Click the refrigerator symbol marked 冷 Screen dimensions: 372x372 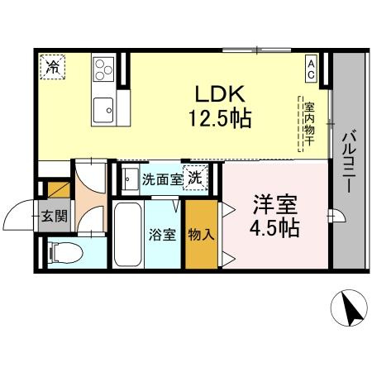click(x=52, y=65)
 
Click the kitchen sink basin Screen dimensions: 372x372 click(x=104, y=107)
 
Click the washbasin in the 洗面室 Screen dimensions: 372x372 click(x=131, y=177)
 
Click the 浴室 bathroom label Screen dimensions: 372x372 click(x=163, y=233)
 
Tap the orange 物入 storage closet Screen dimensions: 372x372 click(x=201, y=234)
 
